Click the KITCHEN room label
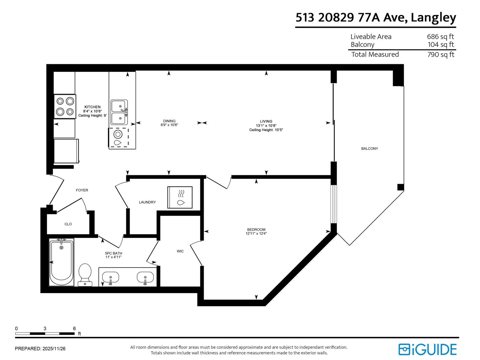coord(92,107)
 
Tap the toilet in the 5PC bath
coord(85,274)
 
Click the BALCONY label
coord(369,148)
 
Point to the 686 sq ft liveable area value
coord(440,37)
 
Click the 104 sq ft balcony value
coord(440,45)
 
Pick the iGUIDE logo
coord(427,349)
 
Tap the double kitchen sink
coord(119,112)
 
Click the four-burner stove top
coord(65,106)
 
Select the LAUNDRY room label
coord(147,202)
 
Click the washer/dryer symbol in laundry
coord(180,197)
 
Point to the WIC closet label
coord(180,251)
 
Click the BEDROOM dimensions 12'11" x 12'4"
coord(256,233)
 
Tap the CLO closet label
coord(68,224)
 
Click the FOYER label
coord(82,190)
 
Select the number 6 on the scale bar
coord(74,328)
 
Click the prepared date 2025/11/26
coord(54,349)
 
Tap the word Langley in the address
coord(433,18)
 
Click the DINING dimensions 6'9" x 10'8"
coord(169,125)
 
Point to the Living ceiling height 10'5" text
coord(266,130)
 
